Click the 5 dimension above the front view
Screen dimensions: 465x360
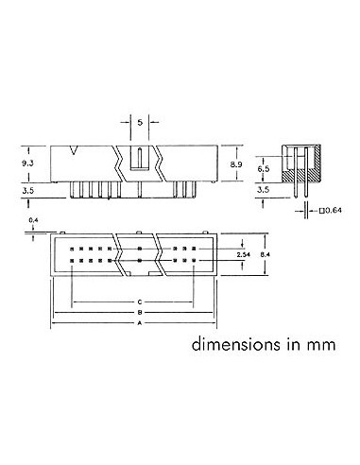tap(139, 123)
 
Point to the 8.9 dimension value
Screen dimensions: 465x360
tap(238, 164)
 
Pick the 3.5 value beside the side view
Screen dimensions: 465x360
tap(265, 190)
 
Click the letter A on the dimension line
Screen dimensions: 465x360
tap(139, 322)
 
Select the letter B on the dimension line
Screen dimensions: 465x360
tap(139, 312)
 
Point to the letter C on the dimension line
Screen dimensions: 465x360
tap(139, 301)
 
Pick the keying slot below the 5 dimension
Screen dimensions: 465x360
tap(139, 159)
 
